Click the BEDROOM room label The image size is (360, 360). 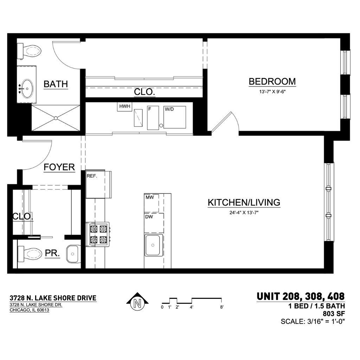[272, 82]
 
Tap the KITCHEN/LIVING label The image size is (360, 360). [244, 202]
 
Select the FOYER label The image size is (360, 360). [59, 167]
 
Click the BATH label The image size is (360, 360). [56, 84]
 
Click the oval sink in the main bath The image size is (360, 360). [27, 88]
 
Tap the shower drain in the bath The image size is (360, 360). [56, 118]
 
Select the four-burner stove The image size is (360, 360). [98, 234]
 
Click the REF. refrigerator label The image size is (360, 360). [92, 176]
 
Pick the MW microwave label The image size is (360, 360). [150, 197]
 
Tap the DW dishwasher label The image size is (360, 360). [149, 217]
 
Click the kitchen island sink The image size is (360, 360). [153, 245]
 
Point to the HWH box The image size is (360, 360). [125, 107]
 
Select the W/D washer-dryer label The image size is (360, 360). [169, 109]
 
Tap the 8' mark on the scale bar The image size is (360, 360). [222, 307]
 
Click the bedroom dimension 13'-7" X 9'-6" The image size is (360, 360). [272, 92]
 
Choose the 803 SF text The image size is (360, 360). [334, 314]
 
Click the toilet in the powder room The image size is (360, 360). [30, 254]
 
